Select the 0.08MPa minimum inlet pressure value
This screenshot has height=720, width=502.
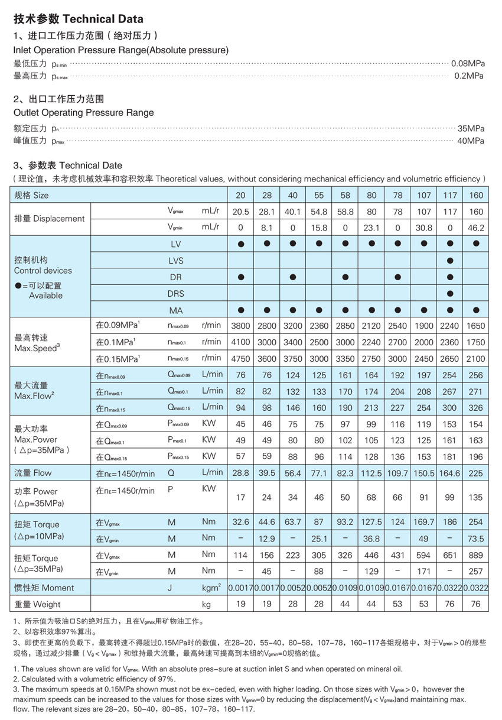467,63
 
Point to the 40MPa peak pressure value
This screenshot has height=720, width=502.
471,141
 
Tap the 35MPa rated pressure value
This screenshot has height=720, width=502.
471,128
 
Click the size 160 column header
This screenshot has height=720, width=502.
476,195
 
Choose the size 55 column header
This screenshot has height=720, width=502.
319,195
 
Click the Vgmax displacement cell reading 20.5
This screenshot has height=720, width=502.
240,212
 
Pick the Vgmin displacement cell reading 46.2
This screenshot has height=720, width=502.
476,227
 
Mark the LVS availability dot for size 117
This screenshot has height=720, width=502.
450,260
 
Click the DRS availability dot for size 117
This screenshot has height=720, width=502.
450,293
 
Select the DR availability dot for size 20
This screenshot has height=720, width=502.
240,277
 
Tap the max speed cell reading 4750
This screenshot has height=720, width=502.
240,358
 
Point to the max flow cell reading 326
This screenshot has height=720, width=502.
476,407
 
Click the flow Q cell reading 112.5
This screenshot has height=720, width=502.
371,473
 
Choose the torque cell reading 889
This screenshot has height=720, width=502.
476,555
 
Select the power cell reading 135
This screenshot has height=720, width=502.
476,498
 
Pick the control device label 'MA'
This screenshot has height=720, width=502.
176,310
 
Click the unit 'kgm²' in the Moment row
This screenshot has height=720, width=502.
211,588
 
